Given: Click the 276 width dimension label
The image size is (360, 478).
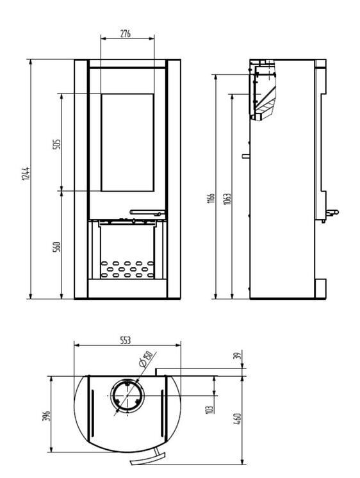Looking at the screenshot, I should [126, 34].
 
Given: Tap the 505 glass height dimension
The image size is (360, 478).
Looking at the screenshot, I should [56, 143].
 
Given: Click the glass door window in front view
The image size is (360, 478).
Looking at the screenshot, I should [127, 142].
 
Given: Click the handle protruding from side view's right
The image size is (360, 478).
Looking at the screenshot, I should [331, 212].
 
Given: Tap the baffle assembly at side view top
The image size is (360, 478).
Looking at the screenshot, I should [263, 90].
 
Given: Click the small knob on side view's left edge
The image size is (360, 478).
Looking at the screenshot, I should [245, 155].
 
